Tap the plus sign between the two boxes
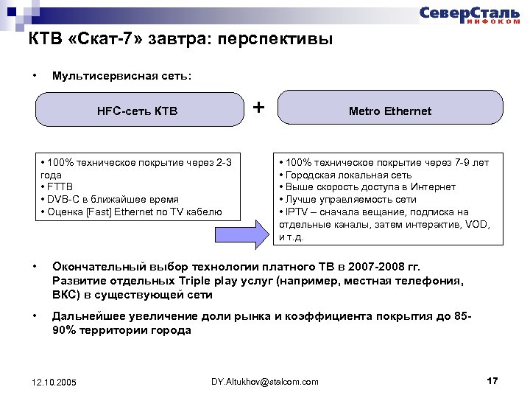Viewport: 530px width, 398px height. click(259, 107)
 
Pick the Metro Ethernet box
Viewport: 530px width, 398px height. click(390, 111)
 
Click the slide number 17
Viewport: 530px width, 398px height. click(492, 380)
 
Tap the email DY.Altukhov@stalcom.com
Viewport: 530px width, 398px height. click(265, 381)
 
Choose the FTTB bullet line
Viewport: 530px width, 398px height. click(59, 187)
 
